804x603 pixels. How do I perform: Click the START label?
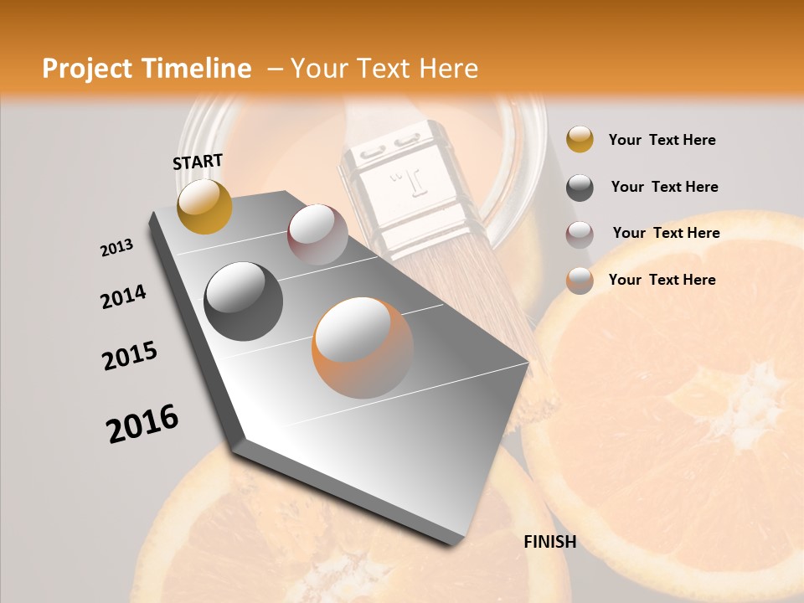click(198, 162)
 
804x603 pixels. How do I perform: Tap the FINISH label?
click(549, 542)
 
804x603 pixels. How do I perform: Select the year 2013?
click(116, 248)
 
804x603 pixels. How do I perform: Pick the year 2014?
click(123, 297)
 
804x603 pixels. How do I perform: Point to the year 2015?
click(130, 356)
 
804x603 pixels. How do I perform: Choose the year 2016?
click(142, 424)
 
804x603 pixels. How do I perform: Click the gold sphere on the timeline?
click(204, 206)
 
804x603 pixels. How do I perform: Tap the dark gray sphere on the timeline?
click(244, 301)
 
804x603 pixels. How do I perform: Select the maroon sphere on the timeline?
click(317, 234)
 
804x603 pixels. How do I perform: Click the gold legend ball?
click(580, 140)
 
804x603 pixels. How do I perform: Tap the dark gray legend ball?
click(580, 188)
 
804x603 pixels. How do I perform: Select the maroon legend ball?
click(580, 234)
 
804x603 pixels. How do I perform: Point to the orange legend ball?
click(580, 281)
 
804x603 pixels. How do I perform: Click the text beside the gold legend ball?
click(662, 141)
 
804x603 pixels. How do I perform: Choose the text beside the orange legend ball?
click(662, 280)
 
